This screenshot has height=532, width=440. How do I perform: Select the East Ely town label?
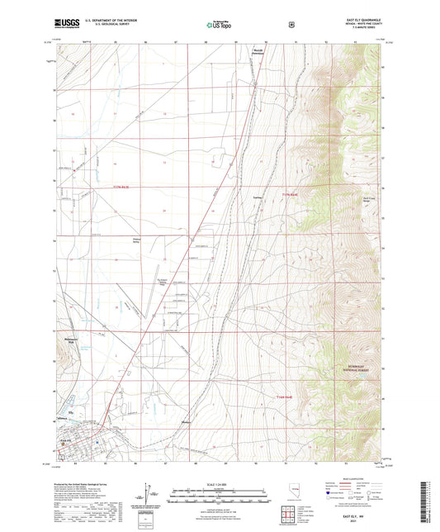click(x=69, y=441)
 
